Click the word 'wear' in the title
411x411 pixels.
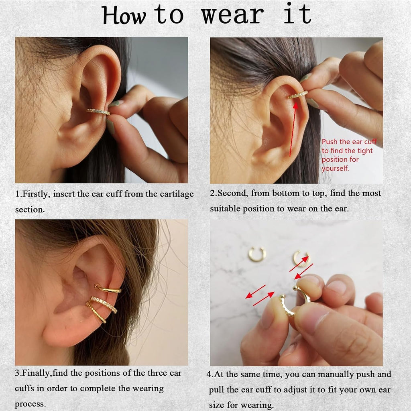click(x=232, y=15)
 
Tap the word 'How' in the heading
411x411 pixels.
click(x=124, y=15)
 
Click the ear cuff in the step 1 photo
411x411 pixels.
click(x=98, y=112)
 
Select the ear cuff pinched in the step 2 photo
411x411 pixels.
click(x=298, y=95)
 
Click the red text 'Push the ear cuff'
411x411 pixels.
click(x=349, y=142)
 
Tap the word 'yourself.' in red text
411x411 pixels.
click(x=335, y=169)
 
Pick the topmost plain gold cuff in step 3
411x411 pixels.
click(x=108, y=289)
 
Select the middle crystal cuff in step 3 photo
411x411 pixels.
click(x=104, y=304)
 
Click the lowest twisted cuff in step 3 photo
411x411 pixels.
click(x=96, y=312)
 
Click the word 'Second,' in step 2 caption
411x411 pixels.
click(x=232, y=193)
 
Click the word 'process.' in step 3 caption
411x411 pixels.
click(x=30, y=404)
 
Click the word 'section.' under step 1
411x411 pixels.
click(x=30, y=210)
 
